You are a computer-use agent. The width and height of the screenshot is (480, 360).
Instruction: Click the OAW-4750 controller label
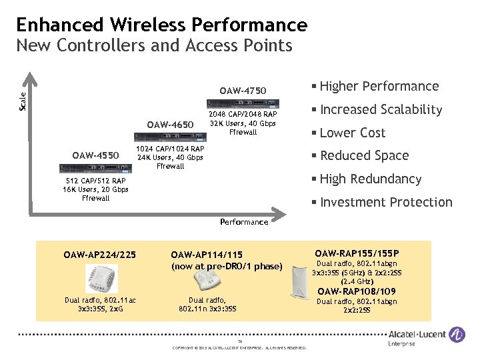(x=243, y=91)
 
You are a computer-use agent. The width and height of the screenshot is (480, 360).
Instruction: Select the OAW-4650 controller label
(x=170, y=125)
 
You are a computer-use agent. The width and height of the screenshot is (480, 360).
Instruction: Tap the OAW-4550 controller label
(x=96, y=156)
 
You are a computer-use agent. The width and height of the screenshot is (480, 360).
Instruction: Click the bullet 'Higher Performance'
(x=379, y=86)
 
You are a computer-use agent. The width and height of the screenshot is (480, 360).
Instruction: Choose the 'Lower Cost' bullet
(x=352, y=133)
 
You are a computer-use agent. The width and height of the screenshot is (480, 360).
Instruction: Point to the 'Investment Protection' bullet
(x=385, y=202)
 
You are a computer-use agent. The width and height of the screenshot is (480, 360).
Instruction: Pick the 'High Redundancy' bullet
(x=370, y=179)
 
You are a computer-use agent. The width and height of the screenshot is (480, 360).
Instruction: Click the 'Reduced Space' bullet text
(x=364, y=155)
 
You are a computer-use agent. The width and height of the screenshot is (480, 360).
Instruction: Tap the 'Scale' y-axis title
(x=22, y=101)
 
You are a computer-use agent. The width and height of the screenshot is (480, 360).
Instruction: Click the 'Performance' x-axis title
(x=244, y=222)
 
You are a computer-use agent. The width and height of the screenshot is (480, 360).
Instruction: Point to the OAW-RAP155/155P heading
(x=357, y=253)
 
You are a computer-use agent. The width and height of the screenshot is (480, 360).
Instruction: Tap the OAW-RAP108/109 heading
(x=356, y=291)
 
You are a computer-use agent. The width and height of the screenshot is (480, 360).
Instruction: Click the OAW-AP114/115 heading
(x=207, y=254)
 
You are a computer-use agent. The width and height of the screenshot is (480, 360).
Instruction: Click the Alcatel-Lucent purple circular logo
(x=457, y=335)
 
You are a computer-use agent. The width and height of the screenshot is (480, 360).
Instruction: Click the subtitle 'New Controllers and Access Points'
(x=154, y=46)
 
